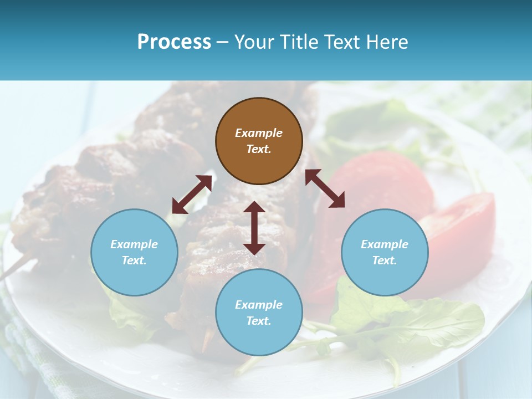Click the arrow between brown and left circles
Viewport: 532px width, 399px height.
click(192, 195)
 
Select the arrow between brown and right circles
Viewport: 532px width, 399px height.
click(325, 188)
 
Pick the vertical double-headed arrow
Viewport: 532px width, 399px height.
click(254, 228)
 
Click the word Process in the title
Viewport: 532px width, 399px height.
click(174, 42)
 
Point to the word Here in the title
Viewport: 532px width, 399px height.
click(388, 42)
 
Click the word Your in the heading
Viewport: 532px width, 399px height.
click(253, 42)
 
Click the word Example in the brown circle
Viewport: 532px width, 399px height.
click(259, 133)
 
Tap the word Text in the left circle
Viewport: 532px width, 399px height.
click(134, 260)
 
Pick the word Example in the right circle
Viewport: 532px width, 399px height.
click(385, 244)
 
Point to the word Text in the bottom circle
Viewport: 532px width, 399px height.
click(259, 321)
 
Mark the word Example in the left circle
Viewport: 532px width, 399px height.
click(134, 244)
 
